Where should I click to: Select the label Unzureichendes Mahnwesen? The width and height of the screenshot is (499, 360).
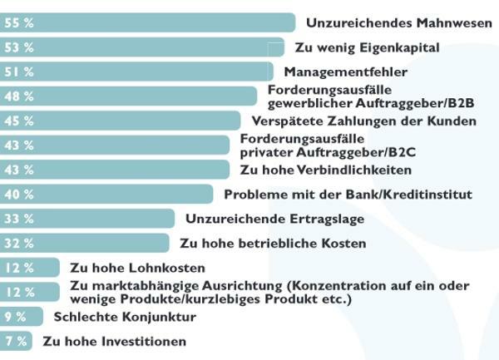point(399,23)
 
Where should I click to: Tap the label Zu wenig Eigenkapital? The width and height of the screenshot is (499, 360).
point(368,47)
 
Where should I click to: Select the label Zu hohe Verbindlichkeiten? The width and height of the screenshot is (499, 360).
point(326,170)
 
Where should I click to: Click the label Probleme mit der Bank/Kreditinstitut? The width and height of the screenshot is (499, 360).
point(348,195)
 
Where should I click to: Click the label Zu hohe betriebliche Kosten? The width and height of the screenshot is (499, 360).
point(273,244)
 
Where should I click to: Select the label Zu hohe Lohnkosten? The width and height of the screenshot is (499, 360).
point(137,268)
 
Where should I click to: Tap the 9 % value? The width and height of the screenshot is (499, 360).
point(15,317)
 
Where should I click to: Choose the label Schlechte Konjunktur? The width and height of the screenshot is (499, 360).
point(125,317)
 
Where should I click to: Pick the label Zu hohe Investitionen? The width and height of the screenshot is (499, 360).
point(114,341)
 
